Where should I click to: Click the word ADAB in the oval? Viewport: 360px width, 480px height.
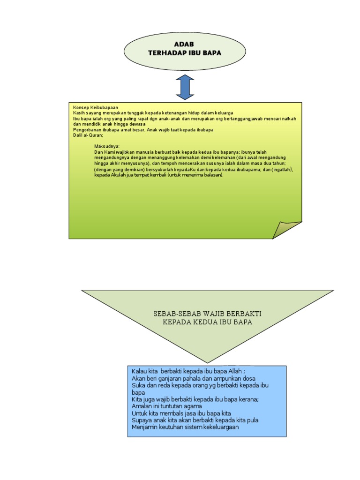pyautogui.click(x=184, y=44)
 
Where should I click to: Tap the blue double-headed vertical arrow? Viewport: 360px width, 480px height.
pyautogui.click(x=185, y=87)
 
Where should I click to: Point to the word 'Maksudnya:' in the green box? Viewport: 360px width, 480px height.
pyautogui.click(x=107, y=147)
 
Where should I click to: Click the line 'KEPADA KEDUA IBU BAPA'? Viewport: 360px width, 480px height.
pyautogui.click(x=207, y=322)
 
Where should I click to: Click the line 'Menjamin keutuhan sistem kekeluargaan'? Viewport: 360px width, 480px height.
pyautogui.click(x=186, y=427)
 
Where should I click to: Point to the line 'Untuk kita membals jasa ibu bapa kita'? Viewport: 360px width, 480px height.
pyautogui.click(x=181, y=413)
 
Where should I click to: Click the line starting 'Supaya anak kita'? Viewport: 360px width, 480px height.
pyautogui.click(x=195, y=420)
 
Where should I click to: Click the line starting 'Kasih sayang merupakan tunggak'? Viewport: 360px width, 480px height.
pyautogui.click(x=153, y=113)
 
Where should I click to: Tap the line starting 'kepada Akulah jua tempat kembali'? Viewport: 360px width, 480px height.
pyautogui.click(x=159, y=175)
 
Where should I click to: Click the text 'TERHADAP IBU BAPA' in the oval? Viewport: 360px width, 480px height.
pyautogui.click(x=184, y=53)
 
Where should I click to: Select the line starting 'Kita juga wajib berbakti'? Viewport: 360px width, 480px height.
pyautogui.click(x=195, y=399)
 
